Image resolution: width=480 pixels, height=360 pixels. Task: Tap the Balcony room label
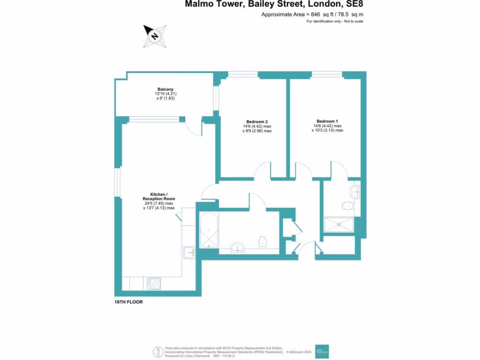click(x=165, y=89)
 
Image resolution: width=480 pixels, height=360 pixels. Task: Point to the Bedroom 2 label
click(x=256, y=121)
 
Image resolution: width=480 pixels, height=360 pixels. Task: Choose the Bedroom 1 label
click(x=327, y=120)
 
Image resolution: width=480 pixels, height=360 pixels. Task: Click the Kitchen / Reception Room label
click(x=158, y=196)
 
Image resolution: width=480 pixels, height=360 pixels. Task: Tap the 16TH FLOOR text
click(x=128, y=302)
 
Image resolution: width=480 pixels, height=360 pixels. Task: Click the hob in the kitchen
click(x=154, y=283)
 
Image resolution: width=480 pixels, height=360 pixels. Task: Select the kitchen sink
click(x=189, y=253)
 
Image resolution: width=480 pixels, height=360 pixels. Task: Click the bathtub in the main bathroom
click(x=208, y=231)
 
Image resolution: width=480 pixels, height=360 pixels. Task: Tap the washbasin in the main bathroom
click(x=239, y=247)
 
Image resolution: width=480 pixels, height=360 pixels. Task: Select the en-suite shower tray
click(x=338, y=225)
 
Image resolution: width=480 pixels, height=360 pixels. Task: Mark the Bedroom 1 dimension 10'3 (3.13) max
click(x=327, y=131)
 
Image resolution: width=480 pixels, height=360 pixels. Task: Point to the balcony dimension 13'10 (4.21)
click(x=165, y=94)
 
